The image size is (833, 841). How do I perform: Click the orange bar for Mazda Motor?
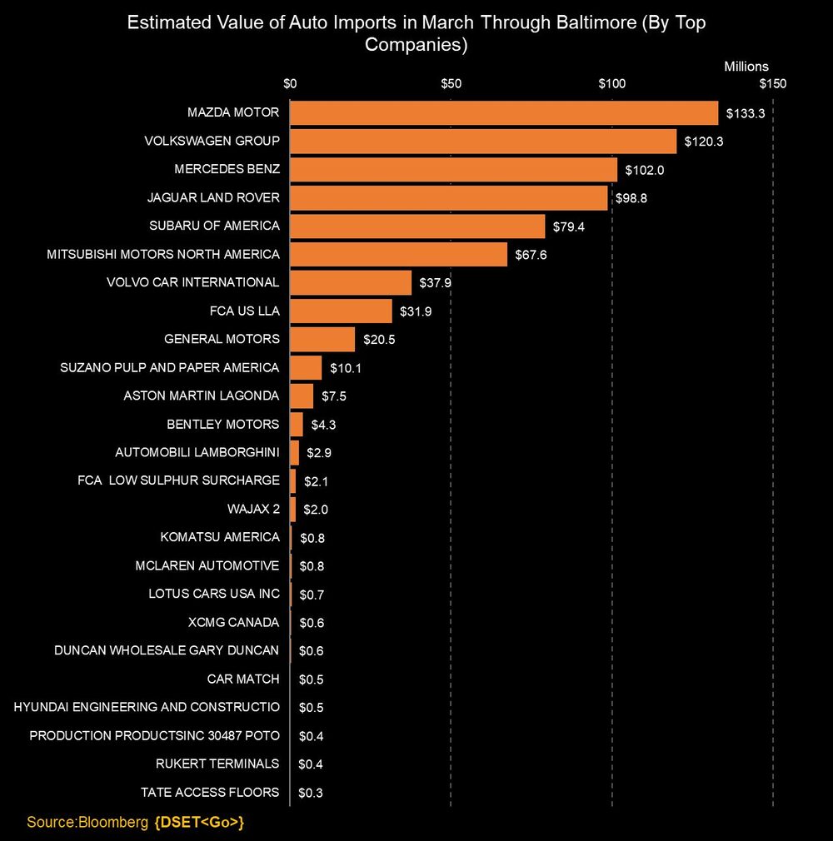[504, 112]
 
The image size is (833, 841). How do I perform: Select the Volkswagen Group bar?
[483, 141]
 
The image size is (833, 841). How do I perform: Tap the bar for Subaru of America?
[417, 226]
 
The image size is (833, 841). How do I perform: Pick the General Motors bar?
[322, 339]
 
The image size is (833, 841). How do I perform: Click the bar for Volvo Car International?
[351, 282]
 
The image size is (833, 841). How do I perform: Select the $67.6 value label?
[531, 255]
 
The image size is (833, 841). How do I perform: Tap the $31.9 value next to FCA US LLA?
[415, 311]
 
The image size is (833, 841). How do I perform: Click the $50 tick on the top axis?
[451, 83]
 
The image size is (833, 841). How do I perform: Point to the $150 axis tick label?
[772, 83]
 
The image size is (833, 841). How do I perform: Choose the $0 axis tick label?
[290, 83]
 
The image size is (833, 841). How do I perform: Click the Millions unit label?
[746, 67]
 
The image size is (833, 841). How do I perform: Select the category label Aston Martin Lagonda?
[201, 396]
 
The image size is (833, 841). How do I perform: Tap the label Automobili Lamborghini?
[197, 452]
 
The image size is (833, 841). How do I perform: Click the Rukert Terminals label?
[217, 764]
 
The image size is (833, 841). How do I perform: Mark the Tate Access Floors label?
[210, 792]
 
